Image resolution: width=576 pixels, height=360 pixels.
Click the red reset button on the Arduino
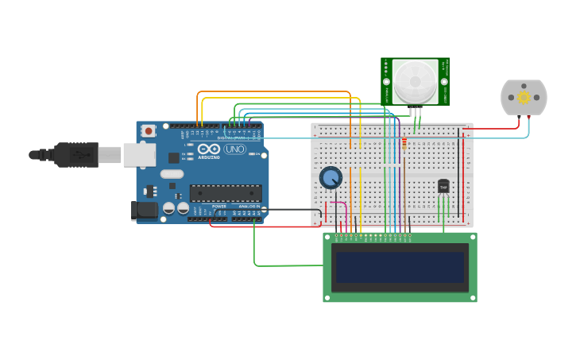click(x=148, y=130)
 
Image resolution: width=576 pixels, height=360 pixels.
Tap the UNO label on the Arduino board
click(x=234, y=149)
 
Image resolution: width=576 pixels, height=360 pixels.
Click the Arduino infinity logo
click(x=209, y=149)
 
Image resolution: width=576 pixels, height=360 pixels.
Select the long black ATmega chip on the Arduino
click(x=225, y=192)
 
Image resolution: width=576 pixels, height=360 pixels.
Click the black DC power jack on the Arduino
click(x=144, y=210)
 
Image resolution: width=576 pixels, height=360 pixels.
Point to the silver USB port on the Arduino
click(x=139, y=154)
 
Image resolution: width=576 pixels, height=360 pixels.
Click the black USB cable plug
click(x=76, y=154)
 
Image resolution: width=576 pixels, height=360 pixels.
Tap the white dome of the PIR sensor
click(x=415, y=80)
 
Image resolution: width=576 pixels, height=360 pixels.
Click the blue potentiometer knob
click(x=331, y=177)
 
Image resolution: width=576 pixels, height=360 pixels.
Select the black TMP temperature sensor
click(x=443, y=186)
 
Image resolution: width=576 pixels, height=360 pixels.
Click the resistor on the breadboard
click(x=404, y=144)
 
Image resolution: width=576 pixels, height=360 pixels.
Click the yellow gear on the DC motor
click(x=524, y=97)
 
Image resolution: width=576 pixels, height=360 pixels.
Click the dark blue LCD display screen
click(x=400, y=268)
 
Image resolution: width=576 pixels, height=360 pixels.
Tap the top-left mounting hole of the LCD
click(x=328, y=238)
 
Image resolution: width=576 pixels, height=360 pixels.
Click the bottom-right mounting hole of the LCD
click(x=471, y=296)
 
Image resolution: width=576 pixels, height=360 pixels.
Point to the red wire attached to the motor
click(x=493, y=128)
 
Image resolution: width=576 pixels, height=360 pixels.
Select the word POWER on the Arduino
click(x=218, y=207)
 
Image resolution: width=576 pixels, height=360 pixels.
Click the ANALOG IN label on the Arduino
click(x=251, y=207)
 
